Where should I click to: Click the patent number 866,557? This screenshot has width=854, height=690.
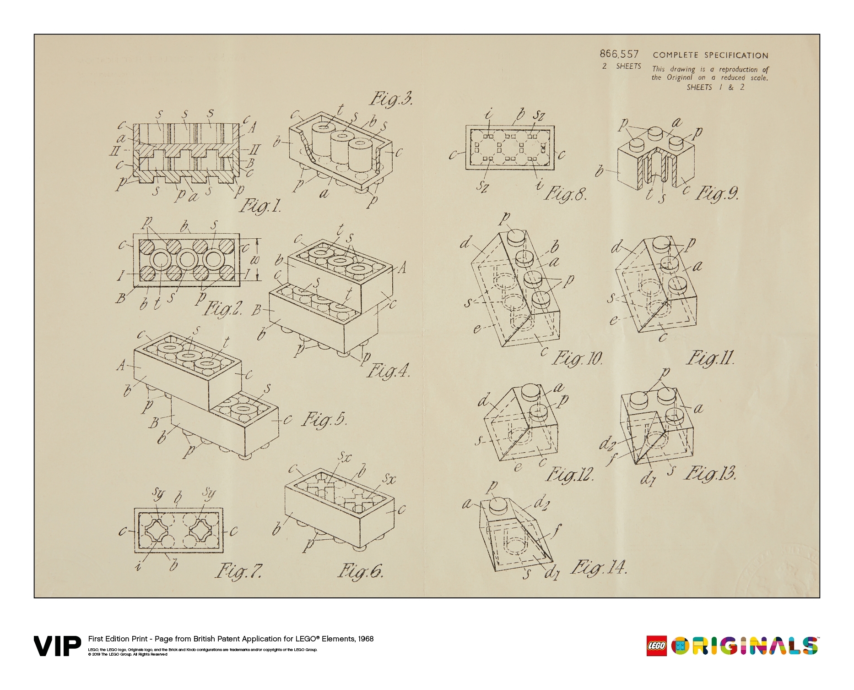coord(619,54)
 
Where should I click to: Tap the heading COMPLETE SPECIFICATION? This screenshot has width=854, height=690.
coord(710,55)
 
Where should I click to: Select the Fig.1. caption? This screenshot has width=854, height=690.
coord(260,205)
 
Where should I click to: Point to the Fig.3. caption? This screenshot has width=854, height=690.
coord(391,99)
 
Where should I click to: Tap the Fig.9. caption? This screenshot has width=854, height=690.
coord(717,194)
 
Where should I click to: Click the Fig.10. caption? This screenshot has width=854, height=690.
coord(577,358)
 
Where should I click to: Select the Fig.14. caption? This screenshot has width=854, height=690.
coord(599,568)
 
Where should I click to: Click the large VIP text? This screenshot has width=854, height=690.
coord(57,646)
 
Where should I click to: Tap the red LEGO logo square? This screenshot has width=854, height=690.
coord(656,646)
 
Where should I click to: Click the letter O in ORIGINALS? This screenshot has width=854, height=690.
coord(680,646)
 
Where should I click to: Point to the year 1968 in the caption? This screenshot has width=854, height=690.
coord(365,639)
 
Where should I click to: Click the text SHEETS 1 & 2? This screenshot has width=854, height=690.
coord(715,87)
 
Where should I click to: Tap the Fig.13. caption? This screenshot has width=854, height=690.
coord(710,473)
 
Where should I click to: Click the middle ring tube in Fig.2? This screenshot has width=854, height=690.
coord(187,260)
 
